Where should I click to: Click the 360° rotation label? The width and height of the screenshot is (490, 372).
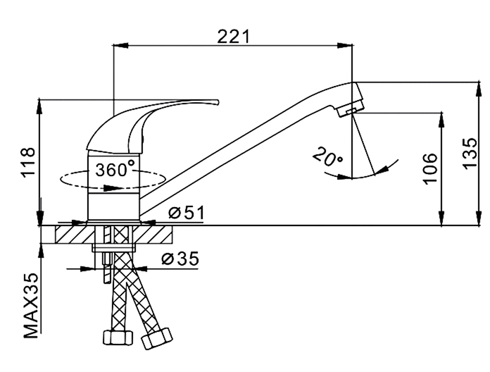tap(115, 170)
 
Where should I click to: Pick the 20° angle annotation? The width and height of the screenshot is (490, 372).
tap(329, 156)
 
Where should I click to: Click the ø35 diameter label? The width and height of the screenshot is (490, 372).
tap(180, 259)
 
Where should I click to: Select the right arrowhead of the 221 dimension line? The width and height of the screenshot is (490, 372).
tap(346, 46)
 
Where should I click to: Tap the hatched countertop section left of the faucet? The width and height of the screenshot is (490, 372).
tap(67, 233)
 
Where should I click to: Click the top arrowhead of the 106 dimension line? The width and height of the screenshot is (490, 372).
tap(442, 116)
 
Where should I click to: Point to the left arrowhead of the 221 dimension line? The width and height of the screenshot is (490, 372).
tap(119, 46)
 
